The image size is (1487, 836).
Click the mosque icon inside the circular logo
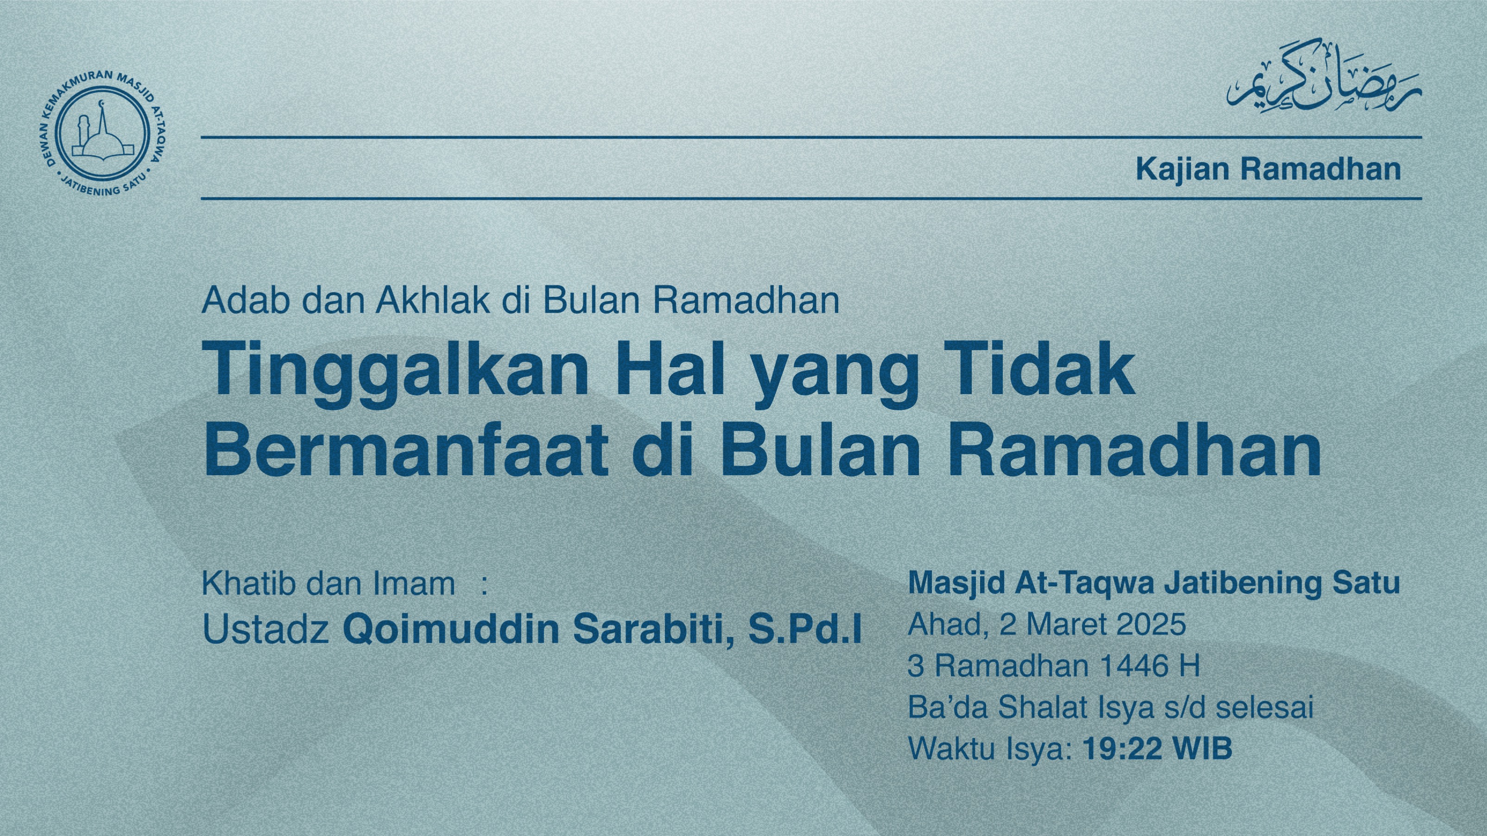[101, 134]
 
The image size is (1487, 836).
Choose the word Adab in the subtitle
[245, 300]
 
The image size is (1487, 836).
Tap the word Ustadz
[266, 629]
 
